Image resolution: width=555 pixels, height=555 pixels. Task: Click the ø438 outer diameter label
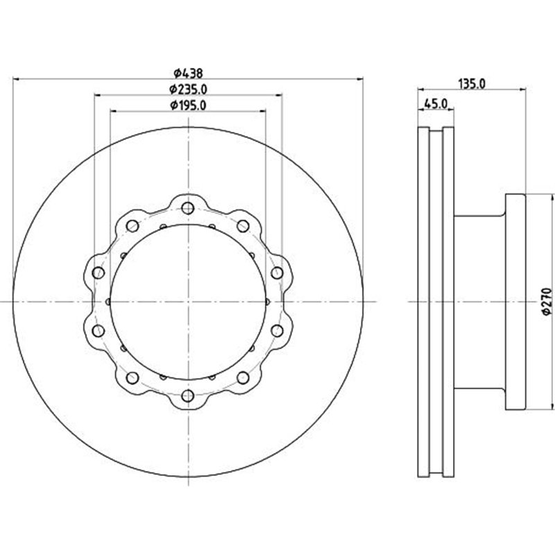[x=187, y=71]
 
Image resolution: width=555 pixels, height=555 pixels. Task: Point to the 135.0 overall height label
[x=471, y=83]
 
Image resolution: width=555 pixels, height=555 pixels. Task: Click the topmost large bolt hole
[x=187, y=207]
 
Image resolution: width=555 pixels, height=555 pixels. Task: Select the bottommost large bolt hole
[x=187, y=396]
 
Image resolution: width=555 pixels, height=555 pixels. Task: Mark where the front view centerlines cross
[x=187, y=302]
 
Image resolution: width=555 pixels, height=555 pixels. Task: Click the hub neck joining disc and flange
[x=479, y=302]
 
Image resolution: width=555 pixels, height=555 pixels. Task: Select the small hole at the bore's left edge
[x=110, y=302]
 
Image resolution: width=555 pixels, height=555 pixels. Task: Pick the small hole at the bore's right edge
[x=266, y=302]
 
